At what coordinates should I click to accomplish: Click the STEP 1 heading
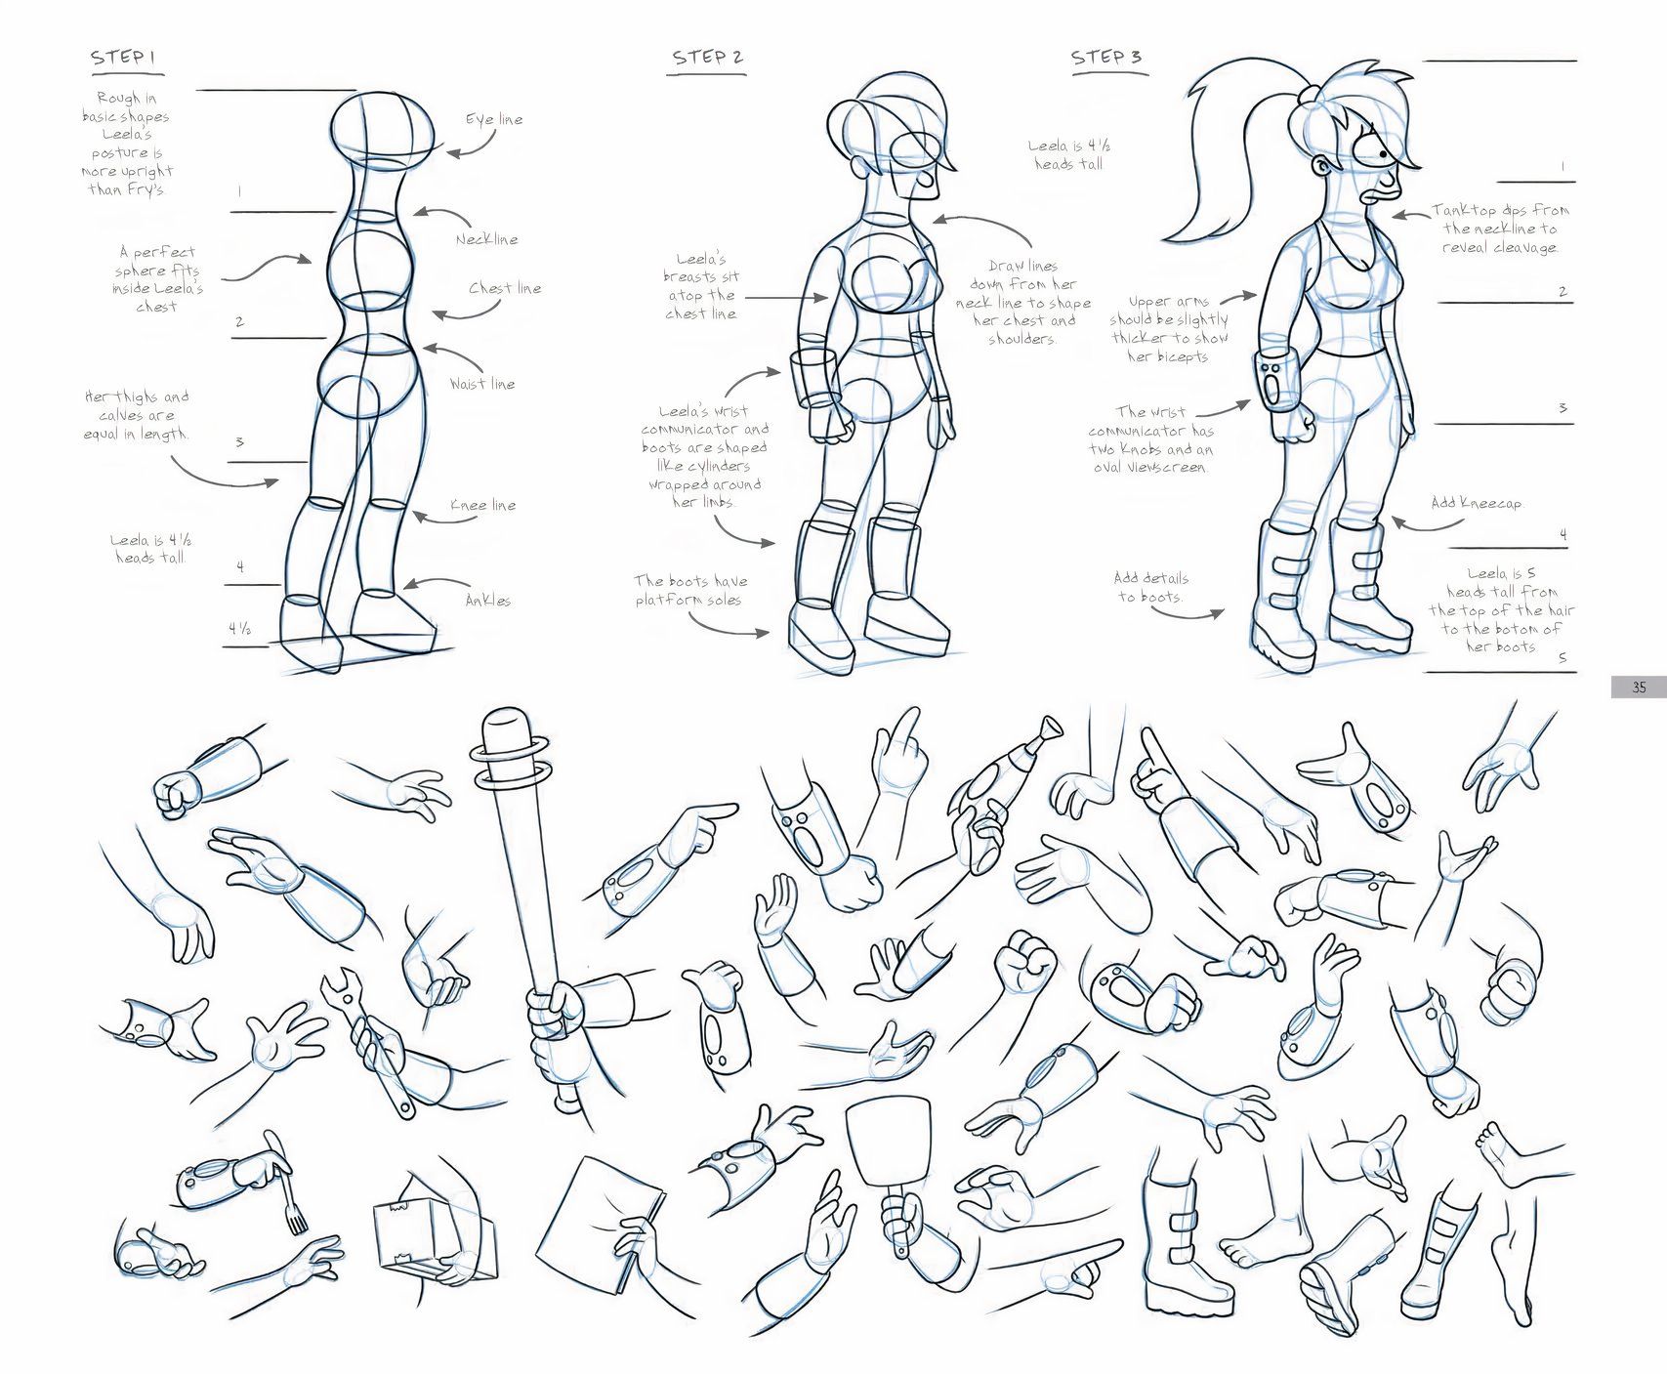coord(123,58)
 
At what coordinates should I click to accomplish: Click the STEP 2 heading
coord(707,58)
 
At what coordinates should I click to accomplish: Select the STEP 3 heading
coord(1105,57)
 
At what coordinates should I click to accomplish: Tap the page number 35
coord(1639,687)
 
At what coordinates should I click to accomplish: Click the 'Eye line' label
coord(494,119)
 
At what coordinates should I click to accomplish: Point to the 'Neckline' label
coord(486,239)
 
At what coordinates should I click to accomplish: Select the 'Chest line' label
coord(505,288)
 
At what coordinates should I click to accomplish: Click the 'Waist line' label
coord(482,384)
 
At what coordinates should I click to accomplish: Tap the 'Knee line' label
coord(483,505)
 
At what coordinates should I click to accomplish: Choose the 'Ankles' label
coord(488,601)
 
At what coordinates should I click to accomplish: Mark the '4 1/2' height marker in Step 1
coord(240,629)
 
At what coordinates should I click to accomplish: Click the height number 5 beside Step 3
coord(1563,658)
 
